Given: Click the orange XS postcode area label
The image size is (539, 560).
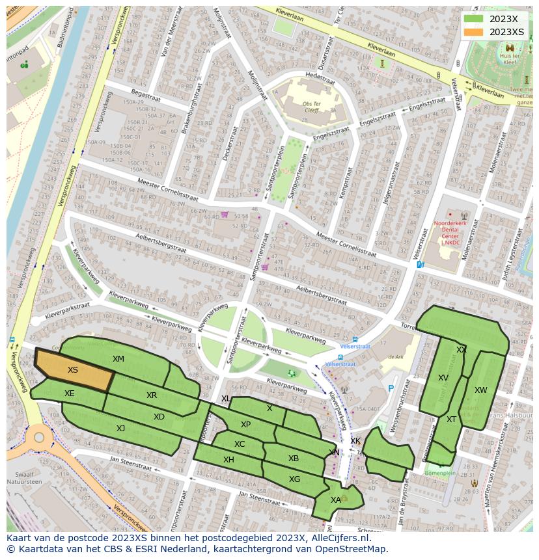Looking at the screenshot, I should click(73, 369).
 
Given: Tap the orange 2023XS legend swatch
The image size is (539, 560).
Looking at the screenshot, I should click(474, 32).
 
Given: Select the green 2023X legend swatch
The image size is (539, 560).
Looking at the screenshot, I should click(474, 19).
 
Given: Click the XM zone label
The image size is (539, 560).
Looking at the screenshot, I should click(118, 359).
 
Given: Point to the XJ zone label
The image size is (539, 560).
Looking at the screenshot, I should click(120, 428).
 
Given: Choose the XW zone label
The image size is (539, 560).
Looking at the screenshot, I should click(480, 390).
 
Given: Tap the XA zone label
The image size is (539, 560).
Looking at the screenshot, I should click(335, 500).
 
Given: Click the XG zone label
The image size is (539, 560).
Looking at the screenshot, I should click(294, 479).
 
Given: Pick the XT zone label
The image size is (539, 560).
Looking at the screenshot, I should click(451, 420).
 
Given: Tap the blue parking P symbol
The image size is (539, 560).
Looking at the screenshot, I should click(391, 388).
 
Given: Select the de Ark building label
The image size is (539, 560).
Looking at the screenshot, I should click(396, 356).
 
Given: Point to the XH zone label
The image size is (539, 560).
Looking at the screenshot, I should click(228, 459).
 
